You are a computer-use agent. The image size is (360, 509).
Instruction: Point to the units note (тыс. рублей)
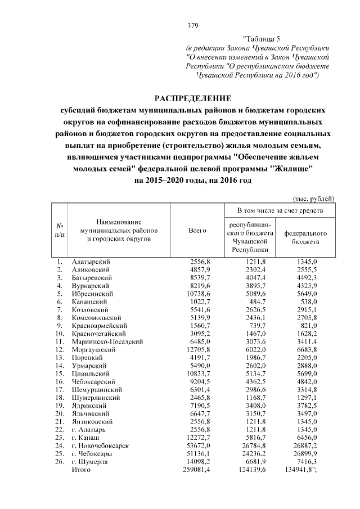(x=314, y=198)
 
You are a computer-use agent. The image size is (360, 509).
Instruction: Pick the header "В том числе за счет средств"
(x=280, y=210)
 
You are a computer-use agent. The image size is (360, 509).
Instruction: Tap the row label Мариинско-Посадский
(x=103, y=341)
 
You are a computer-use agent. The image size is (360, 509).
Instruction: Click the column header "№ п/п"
(x=61, y=230)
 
